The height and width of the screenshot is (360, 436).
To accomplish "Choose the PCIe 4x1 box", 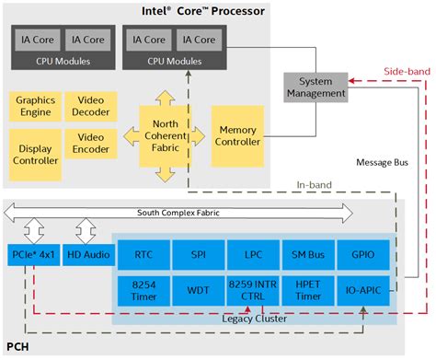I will point(33,254).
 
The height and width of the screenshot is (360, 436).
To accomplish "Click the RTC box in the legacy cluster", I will point(143,254).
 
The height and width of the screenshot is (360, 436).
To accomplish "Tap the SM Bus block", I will point(304,254).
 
